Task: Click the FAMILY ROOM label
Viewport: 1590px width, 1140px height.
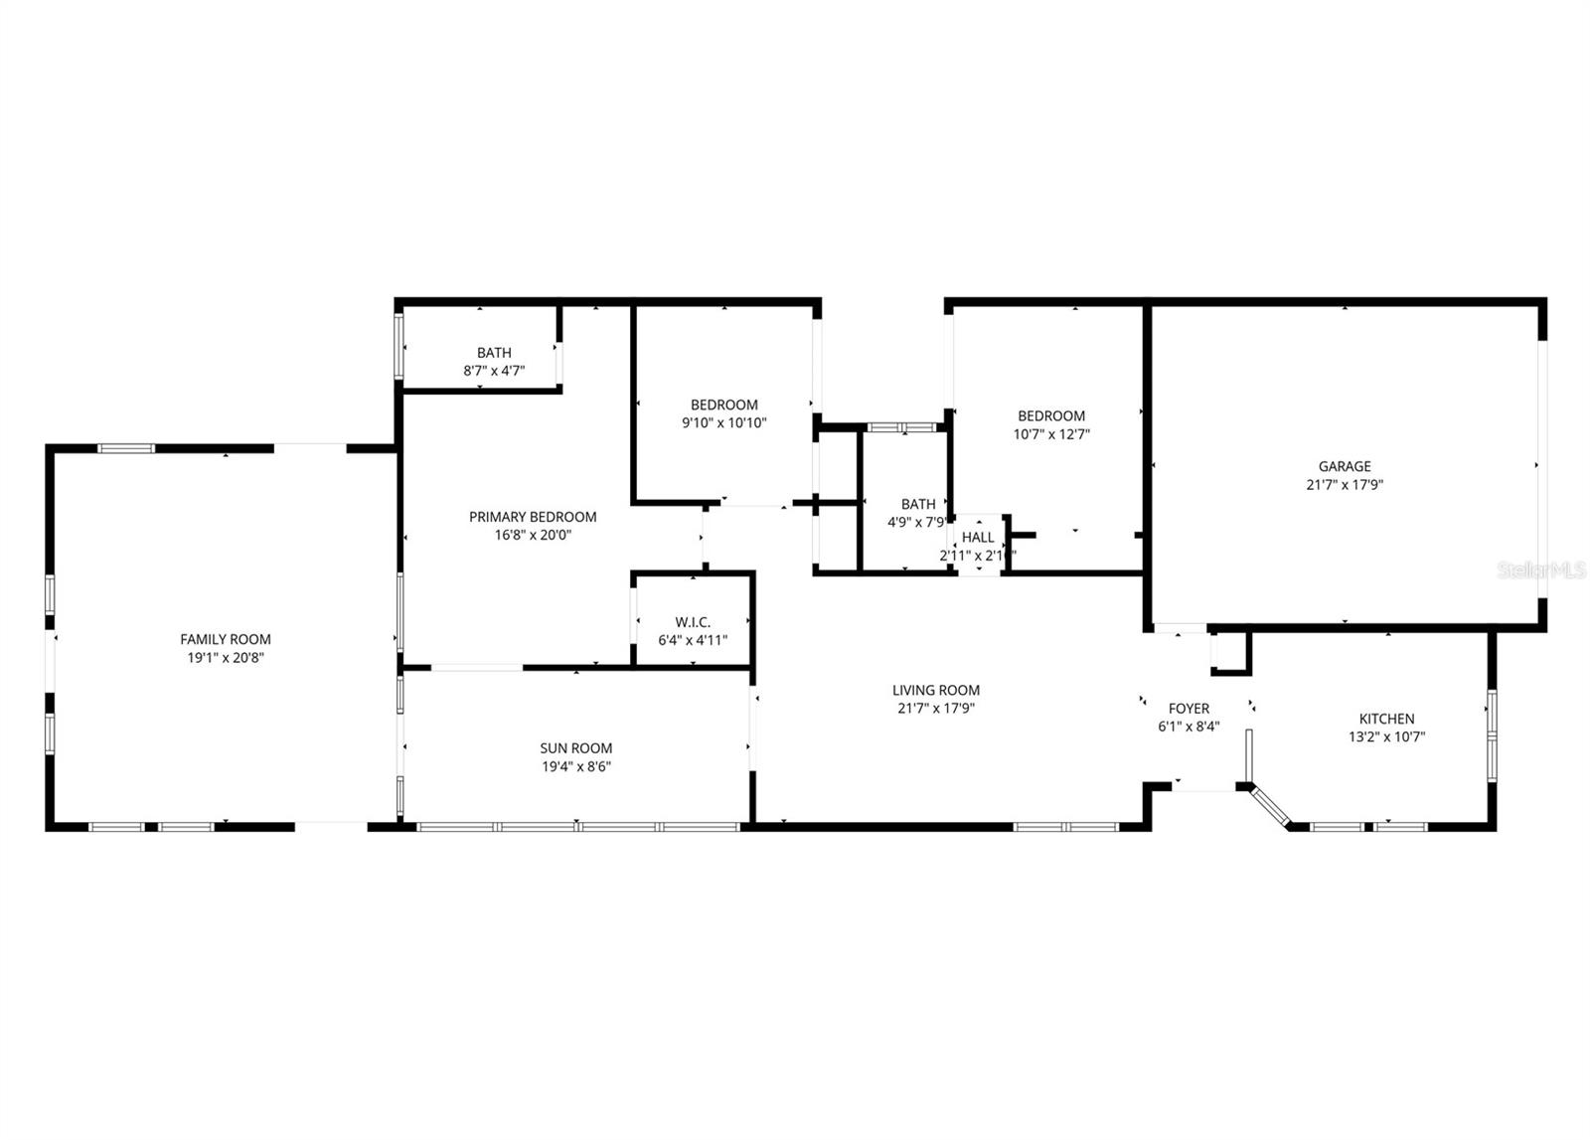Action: [x=225, y=639]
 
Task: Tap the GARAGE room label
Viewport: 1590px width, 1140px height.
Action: [x=1345, y=466]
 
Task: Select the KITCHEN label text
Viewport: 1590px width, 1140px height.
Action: [x=1386, y=719]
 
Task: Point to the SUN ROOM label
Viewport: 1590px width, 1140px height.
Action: [x=576, y=748]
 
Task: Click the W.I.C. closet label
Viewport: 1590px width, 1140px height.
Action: [x=693, y=622]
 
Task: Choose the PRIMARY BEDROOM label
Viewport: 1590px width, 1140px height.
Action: [x=533, y=517]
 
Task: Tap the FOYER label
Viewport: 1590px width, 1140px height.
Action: [x=1189, y=709]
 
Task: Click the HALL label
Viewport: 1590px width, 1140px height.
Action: [x=978, y=538]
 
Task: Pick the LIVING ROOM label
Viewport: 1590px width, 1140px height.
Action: [x=935, y=690]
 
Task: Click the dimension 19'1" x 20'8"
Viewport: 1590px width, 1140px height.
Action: [x=225, y=658]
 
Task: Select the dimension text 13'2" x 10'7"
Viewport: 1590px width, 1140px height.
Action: [x=1386, y=737]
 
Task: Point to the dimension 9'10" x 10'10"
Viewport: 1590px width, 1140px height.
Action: [x=723, y=423]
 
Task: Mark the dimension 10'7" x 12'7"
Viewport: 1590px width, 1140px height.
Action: [x=1050, y=434]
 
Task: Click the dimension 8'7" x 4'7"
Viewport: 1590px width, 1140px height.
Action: [x=494, y=371]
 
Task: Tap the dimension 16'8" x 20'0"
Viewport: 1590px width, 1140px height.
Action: [x=533, y=535]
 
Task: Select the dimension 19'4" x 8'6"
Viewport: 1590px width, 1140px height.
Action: [x=576, y=766]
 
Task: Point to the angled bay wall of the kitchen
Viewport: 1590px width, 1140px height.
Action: [x=1266, y=806]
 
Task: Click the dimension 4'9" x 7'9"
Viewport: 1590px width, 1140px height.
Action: [x=917, y=523]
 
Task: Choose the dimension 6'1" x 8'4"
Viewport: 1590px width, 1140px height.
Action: [x=1189, y=727]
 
